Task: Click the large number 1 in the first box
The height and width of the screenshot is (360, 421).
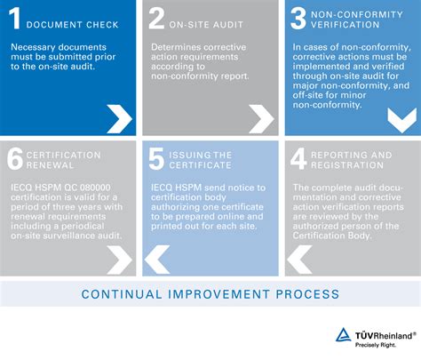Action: coord(14,19)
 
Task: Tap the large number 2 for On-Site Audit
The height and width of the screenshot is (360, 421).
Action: coord(156,19)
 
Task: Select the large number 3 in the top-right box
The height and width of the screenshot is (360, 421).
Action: coord(298,19)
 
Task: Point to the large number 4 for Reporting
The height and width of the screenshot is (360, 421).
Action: coord(298,159)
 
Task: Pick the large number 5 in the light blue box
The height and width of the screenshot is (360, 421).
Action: coord(156,159)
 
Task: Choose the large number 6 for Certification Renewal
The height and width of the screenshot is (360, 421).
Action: coord(15,159)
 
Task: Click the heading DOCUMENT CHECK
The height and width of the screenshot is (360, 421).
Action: coord(73,25)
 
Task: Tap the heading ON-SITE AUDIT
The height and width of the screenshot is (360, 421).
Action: coord(206,25)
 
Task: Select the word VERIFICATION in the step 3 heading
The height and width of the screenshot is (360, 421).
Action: coord(346,25)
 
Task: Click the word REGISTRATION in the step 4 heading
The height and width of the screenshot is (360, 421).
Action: coord(347,165)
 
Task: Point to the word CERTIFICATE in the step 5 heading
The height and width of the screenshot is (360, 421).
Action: coord(200,165)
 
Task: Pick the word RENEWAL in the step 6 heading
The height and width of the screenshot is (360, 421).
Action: coord(50,165)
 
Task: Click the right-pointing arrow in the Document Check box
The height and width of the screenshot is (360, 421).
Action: coord(119,119)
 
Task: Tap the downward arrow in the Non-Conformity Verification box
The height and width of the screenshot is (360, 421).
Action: coord(402,120)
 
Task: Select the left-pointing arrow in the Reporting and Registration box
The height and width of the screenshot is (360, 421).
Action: coord(299,260)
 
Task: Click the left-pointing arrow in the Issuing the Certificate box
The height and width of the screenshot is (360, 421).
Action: coord(157,260)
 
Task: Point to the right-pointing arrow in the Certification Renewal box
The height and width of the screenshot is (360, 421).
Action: coord(119,260)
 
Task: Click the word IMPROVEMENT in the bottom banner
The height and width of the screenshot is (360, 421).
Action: coord(219,294)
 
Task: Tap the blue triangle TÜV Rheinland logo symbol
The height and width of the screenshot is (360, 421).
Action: coord(344,335)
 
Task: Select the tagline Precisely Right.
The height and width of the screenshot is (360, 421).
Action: coord(376,345)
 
